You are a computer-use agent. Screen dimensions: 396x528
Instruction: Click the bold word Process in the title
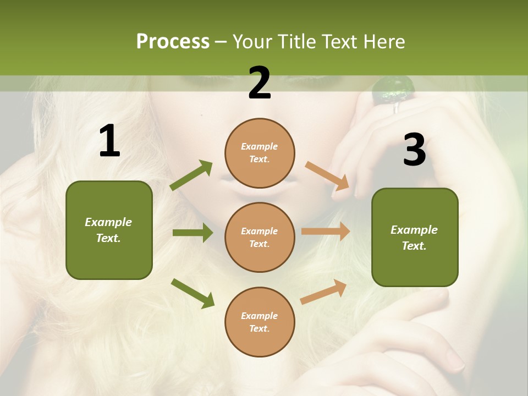pos(173,42)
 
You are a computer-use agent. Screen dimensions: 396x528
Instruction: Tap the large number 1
pos(109,141)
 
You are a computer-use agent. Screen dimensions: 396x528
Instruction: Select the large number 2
pos(260,83)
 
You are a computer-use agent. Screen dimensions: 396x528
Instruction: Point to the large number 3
pos(414,150)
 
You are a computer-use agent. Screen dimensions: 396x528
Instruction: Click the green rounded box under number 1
pos(109,230)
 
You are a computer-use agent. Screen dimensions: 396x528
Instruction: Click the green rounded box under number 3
pos(415,237)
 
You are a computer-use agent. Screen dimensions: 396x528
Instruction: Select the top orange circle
pos(260,153)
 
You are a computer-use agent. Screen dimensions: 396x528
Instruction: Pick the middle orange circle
pos(260,237)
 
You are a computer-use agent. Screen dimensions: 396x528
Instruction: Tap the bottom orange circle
pos(260,322)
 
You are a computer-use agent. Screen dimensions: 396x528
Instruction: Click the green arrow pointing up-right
pos(191,175)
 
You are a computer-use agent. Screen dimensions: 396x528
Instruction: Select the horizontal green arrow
pos(193,233)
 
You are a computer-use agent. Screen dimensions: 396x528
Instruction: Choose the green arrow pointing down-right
pos(193,293)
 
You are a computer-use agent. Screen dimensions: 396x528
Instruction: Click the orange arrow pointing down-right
pos(328,175)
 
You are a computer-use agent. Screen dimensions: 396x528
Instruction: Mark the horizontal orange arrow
pos(326,232)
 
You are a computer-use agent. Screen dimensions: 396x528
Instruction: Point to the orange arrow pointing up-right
pos(324,291)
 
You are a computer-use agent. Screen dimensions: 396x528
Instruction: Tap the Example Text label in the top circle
pos(260,153)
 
